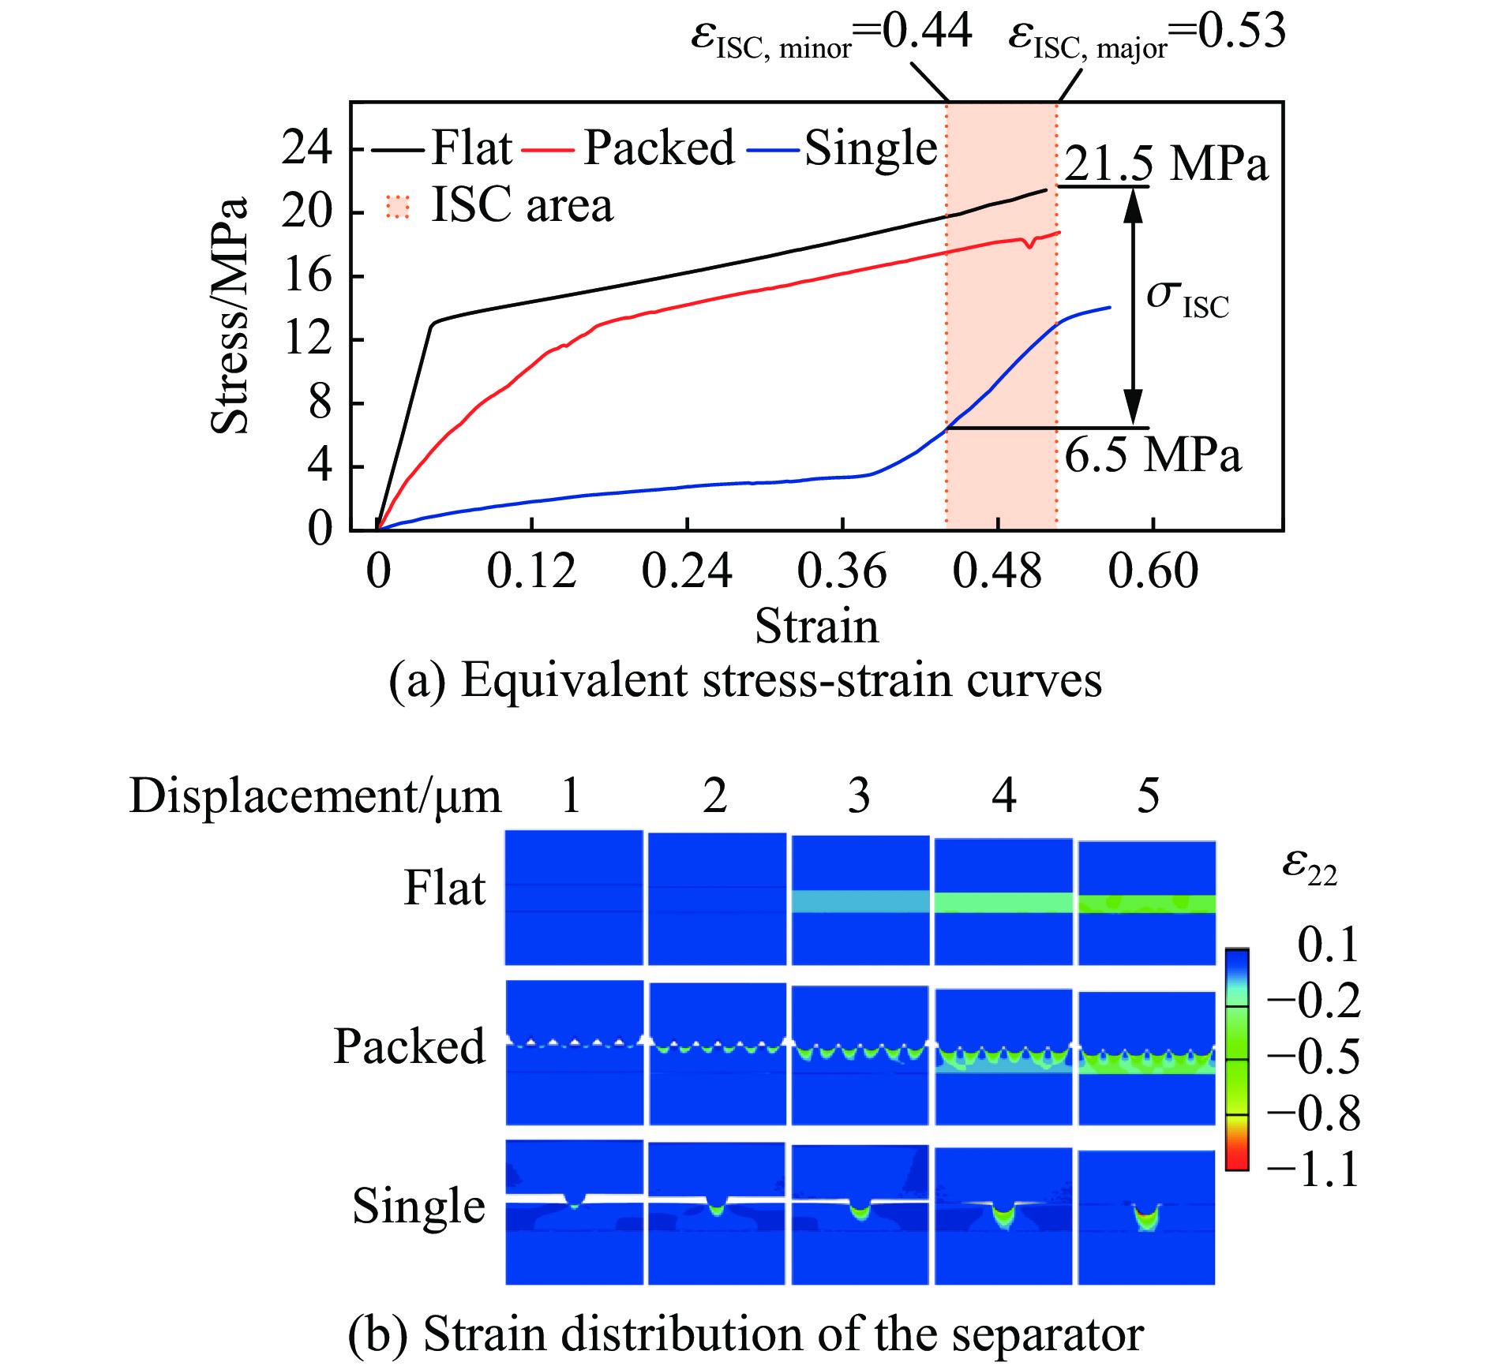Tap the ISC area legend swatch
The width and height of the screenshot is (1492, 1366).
pos(398,207)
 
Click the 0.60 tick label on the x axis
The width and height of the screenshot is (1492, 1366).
pos(1153,571)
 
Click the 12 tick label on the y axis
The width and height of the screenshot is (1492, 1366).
pos(307,339)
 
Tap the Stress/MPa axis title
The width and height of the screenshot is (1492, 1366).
pos(230,316)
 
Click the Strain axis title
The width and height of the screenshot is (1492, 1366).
pos(816,627)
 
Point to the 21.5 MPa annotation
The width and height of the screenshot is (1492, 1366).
pos(1165,164)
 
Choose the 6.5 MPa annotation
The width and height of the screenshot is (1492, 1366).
pos(1153,455)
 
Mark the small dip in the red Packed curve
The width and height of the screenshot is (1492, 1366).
pos(1029,245)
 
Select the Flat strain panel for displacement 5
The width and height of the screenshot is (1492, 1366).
pos(1146,902)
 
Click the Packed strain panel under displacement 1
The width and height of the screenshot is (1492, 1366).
pos(574,1052)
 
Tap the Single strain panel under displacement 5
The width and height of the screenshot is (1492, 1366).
pos(1146,1216)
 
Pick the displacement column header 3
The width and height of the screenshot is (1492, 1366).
pos(859,795)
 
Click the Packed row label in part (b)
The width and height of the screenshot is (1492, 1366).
pos(409,1047)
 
